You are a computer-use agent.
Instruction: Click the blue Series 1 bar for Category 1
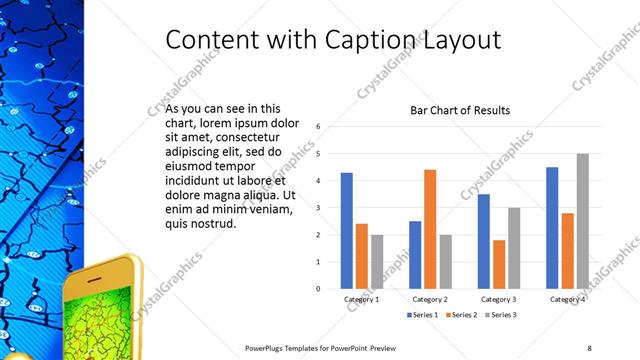[x=346, y=231]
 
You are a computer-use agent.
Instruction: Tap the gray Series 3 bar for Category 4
[x=582, y=221]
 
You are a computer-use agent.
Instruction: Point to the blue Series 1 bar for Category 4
[x=552, y=228]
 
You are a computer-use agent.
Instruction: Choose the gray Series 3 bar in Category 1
[x=376, y=262]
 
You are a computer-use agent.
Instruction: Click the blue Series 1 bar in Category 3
[x=484, y=241]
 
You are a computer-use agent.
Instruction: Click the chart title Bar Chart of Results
[x=460, y=110]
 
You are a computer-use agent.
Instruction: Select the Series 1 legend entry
[x=424, y=315]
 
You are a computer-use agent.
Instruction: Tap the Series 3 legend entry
[x=501, y=315]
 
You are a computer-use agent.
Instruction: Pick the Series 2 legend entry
[x=463, y=315]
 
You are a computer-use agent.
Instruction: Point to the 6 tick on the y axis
[x=317, y=127]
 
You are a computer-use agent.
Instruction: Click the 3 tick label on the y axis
[x=317, y=208]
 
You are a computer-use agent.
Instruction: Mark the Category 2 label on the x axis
[x=430, y=299]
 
